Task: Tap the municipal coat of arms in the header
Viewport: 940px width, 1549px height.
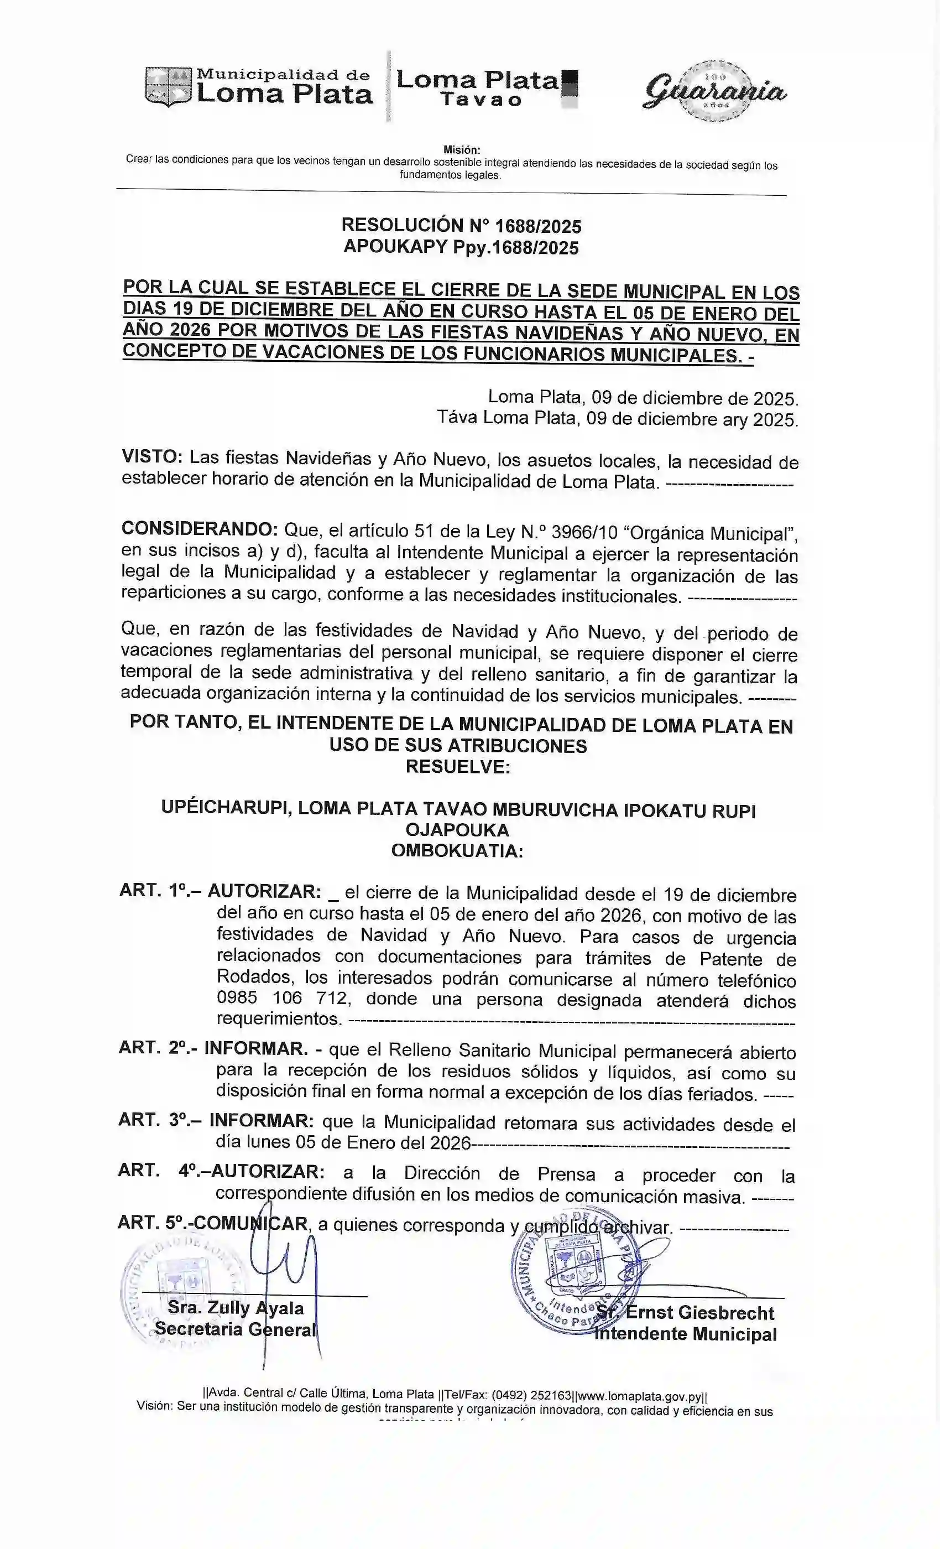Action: [x=168, y=87]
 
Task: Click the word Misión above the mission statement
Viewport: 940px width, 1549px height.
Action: [x=461, y=149]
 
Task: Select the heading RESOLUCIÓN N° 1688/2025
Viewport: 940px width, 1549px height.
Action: [x=461, y=226]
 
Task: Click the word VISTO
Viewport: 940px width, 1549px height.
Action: [x=152, y=457]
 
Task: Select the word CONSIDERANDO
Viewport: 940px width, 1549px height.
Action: [x=200, y=529]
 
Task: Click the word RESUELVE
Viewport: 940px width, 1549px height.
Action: [x=457, y=767]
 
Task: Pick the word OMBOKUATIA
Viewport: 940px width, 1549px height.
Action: [x=457, y=851]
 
